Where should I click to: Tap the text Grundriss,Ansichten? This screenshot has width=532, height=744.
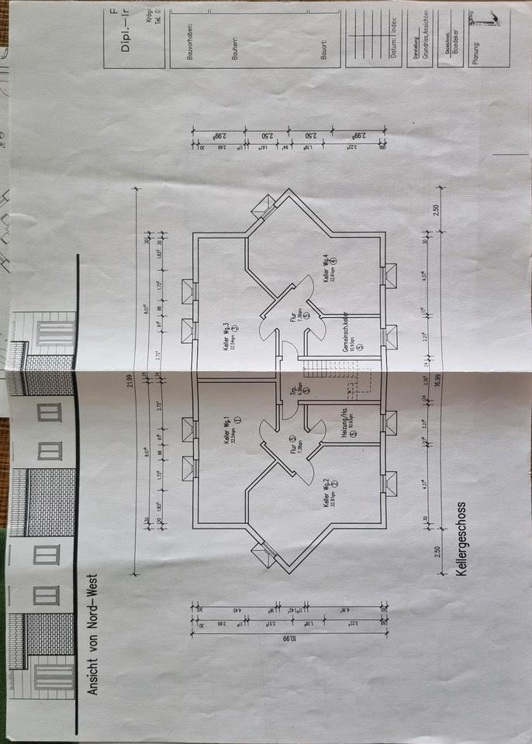(424, 42)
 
